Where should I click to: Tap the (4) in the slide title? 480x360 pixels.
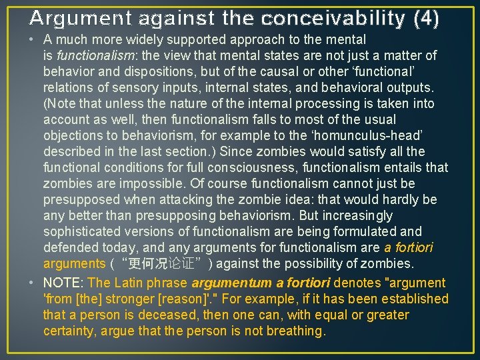[x=427, y=18]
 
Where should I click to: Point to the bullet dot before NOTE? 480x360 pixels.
[x=33, y=283]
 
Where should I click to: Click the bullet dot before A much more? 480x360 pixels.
[x=33, y=40]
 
